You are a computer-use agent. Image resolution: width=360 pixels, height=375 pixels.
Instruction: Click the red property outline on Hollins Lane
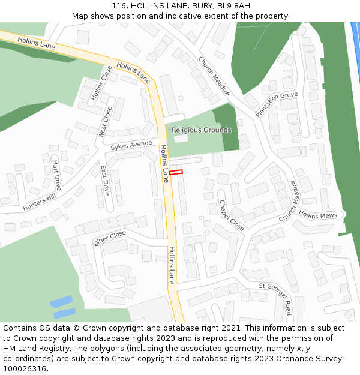click(x=176, y=173)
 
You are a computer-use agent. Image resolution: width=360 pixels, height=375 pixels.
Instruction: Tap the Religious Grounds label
click(x=201, y=130)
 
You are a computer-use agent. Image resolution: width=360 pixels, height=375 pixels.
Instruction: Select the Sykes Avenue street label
click(x=131, y=145)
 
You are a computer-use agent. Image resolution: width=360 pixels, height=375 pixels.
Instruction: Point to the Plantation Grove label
click(x=277, y=104)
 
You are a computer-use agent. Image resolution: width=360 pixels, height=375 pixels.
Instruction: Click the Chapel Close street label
click(x=231, y=215)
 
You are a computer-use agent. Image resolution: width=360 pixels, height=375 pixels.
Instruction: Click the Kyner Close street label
click(x=110, y=238)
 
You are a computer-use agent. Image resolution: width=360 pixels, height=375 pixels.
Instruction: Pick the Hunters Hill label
click(x=39, y=202)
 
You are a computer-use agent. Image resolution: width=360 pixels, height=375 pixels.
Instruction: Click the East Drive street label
click(x=106, y=180)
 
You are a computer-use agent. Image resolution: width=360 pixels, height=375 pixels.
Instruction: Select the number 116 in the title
click(x=120, y=6)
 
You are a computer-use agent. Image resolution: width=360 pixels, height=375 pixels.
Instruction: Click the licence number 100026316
click(x=25, y=369)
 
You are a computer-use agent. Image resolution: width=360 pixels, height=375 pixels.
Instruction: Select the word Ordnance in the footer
click(x=287, y=359)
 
